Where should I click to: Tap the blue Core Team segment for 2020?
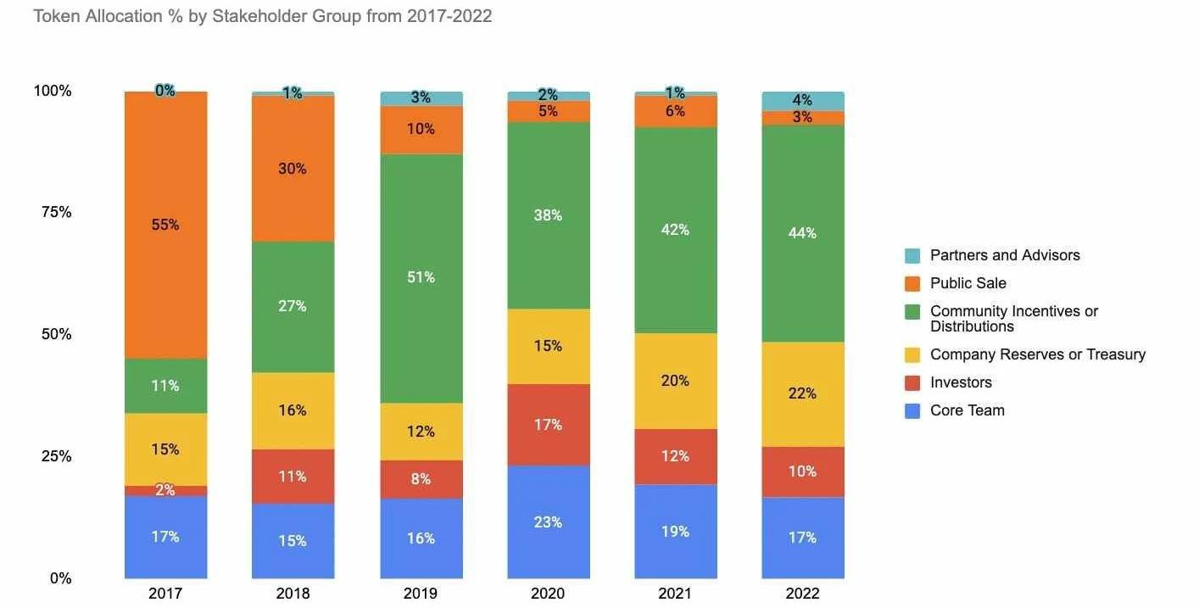pos(548,522)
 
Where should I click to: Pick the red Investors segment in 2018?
pos(293,477)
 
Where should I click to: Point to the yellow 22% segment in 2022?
pos(802,393)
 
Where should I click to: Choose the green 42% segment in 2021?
pos(675,230)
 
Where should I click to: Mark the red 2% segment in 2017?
pos(165,490)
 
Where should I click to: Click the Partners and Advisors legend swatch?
pos(912,255)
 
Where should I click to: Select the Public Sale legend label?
pos(968,283)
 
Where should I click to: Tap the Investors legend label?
pos(961,382)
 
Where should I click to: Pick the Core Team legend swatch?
pos(912,410)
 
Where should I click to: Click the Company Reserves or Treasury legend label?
pos(1037,354)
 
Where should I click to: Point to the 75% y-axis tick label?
pos(56,212)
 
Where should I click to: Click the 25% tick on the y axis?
pos(56,456)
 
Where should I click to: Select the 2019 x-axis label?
pos(421,594)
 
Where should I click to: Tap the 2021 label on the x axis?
pos(675,594)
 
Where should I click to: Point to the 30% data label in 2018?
pos(293,169)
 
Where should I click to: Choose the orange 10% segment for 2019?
pos(421,130)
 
